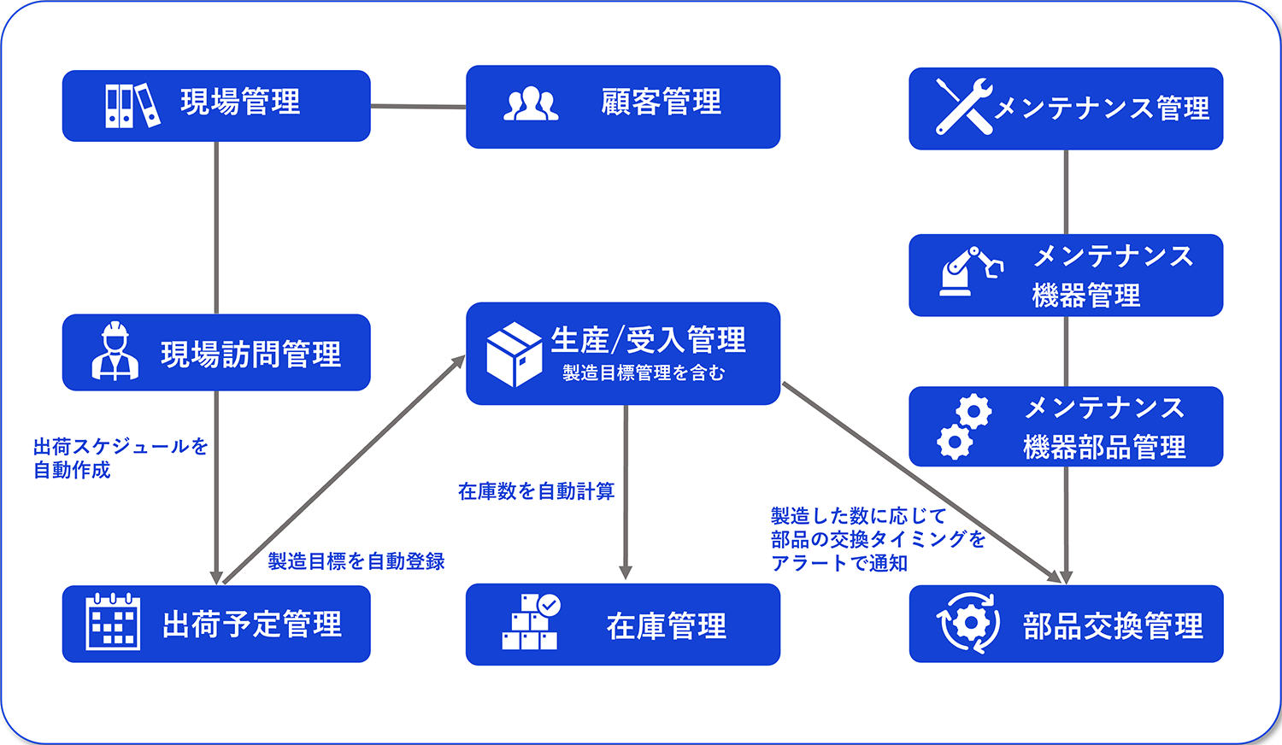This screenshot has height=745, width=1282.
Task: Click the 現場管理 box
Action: point(216,106)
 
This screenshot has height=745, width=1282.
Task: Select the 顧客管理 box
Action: point(622,107)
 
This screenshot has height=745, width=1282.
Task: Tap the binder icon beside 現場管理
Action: point(132,105)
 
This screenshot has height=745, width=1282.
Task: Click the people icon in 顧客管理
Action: point(531,104)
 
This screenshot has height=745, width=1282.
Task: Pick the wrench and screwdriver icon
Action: point(963,106)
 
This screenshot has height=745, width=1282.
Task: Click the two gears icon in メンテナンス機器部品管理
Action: point(964,427)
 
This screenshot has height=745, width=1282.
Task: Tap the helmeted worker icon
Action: point(115,351)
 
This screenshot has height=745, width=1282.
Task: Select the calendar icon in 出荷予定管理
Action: point(113,622)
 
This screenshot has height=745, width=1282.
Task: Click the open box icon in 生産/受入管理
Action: point(514,354)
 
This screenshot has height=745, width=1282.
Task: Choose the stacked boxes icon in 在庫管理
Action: point(531,622)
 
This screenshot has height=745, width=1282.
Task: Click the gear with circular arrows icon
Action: point(968,623)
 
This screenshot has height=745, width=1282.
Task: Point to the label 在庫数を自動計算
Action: point(536,491)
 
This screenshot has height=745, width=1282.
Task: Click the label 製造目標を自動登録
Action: point(356,561)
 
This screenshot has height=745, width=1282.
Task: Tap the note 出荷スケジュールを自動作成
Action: point(120,458)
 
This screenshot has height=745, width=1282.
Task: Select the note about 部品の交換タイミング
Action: point(878,539)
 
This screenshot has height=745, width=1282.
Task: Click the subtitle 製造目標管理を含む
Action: point(643,373)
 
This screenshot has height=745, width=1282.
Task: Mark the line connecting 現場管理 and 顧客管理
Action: point(418,107)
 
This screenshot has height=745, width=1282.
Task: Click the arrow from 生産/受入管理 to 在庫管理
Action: point(626,491)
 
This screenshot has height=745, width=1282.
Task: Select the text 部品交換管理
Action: point(1113,626)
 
